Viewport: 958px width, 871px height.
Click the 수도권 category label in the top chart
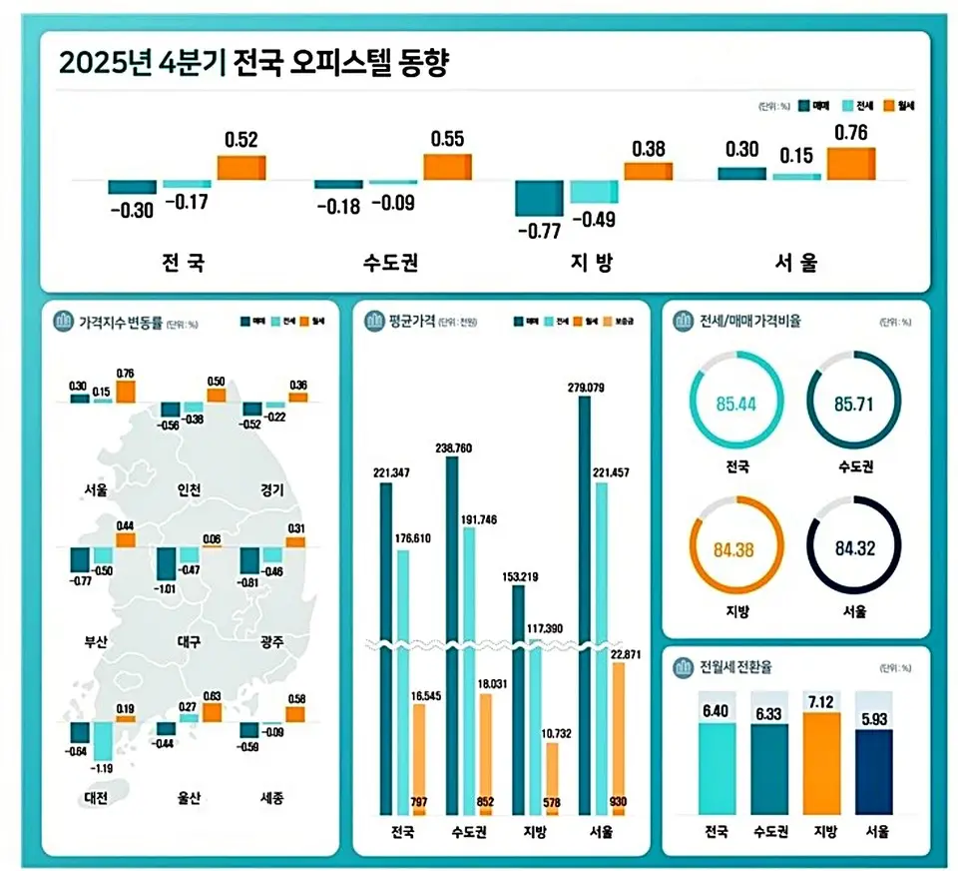[x=390, y=264]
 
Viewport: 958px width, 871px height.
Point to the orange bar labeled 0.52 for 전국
[x=241, y=168]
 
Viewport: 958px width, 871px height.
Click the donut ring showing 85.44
[x=737, y=404]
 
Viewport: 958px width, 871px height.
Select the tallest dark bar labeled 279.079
[x=585, y=599]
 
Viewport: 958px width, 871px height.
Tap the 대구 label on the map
[x=188, y=641]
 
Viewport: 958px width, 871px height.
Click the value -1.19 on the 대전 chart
[x=103, y=768]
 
